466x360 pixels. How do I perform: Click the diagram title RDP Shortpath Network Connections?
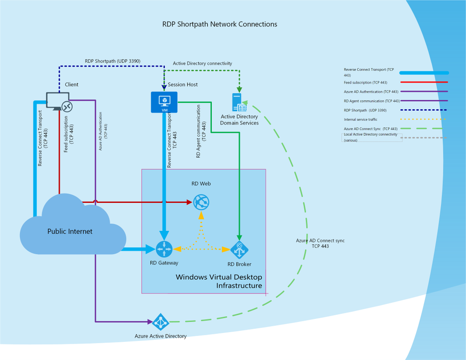(219, 24)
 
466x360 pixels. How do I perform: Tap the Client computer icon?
(60, 102)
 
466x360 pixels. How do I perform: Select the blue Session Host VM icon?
(164, 102)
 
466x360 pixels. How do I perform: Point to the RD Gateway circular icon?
(164, 249)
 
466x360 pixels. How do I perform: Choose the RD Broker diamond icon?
(239, 249)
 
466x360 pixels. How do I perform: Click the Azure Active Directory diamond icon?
(161, 322)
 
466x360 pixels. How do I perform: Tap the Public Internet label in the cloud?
(70, 231)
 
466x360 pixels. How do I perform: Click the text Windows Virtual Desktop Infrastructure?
(219, 281)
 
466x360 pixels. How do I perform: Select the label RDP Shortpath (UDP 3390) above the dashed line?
(112, 61)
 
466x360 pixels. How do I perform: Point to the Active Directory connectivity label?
(202, 63)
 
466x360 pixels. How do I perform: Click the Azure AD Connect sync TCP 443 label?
(320, 243)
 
